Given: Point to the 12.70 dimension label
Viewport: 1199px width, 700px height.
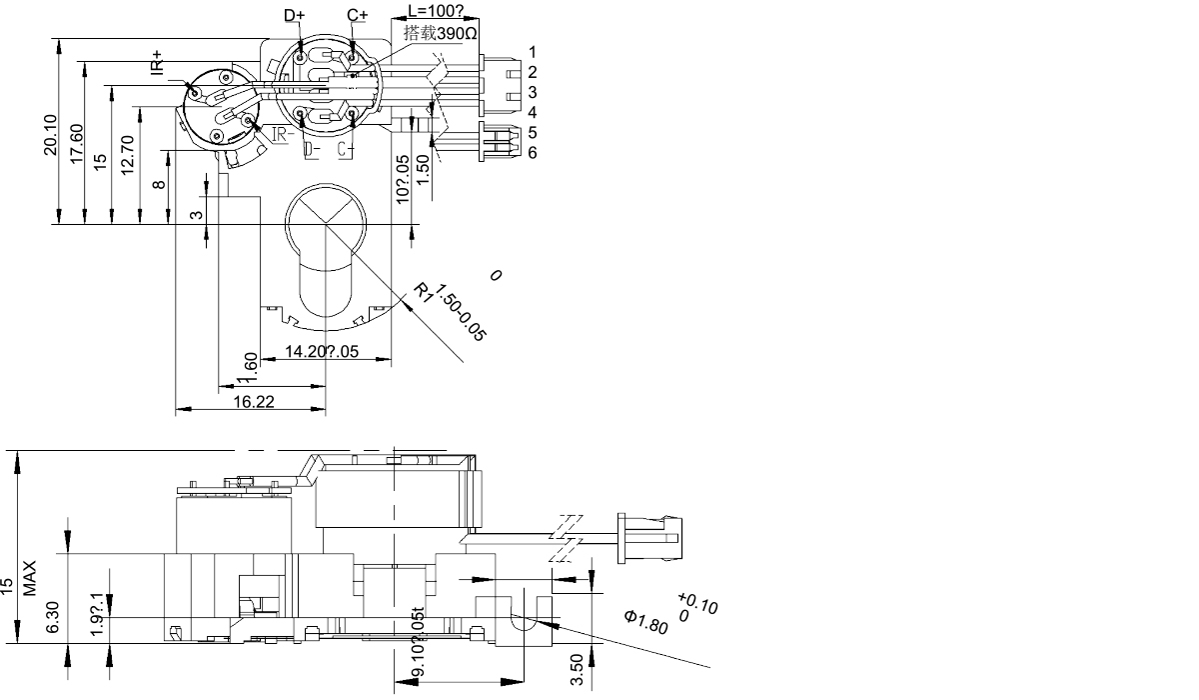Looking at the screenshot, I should point(127,155).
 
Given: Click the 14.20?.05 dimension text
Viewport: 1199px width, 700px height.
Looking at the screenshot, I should point(322,351).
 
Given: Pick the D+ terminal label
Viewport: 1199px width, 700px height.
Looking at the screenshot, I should point(295,16).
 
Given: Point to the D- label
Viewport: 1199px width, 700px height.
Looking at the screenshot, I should point(312,150).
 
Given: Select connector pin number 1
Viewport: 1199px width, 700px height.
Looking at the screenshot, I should point(533,51).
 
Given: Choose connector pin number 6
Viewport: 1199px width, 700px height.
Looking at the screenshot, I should point(533,152).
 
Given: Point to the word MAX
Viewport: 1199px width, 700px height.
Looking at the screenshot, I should point(30,578).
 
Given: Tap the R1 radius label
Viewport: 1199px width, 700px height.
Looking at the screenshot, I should point(425,292).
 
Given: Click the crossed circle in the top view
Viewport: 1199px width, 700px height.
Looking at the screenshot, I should point(321,218).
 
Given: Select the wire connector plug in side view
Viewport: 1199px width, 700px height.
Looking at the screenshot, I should point(650,537).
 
